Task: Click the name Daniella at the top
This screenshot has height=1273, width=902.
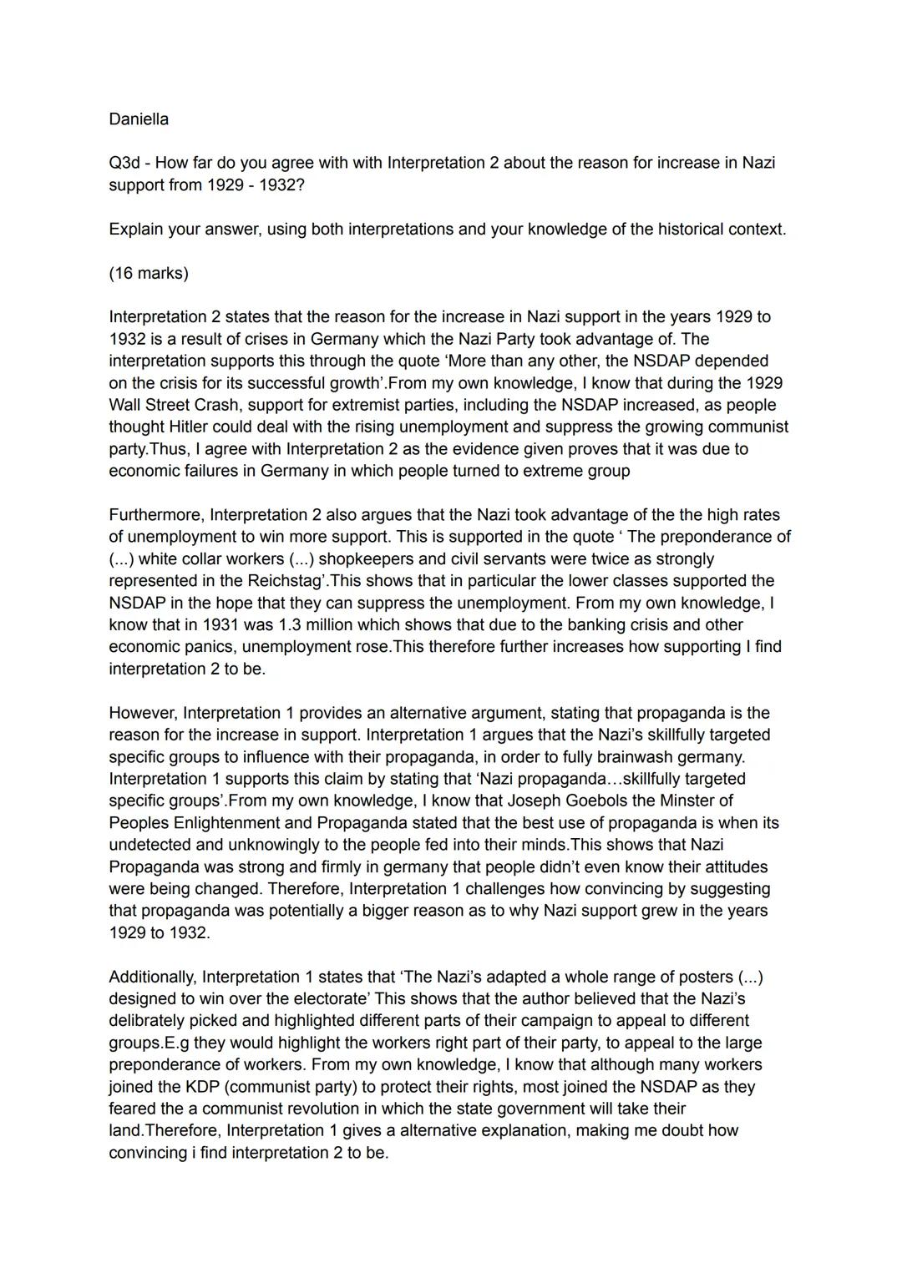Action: (139, 119)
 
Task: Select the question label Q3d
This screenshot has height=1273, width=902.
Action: (124, 163)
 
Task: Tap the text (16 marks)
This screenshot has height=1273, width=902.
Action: (149, 273)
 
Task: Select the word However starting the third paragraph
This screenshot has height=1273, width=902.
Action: (143, 713)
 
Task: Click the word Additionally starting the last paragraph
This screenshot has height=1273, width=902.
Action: (153, 977)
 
